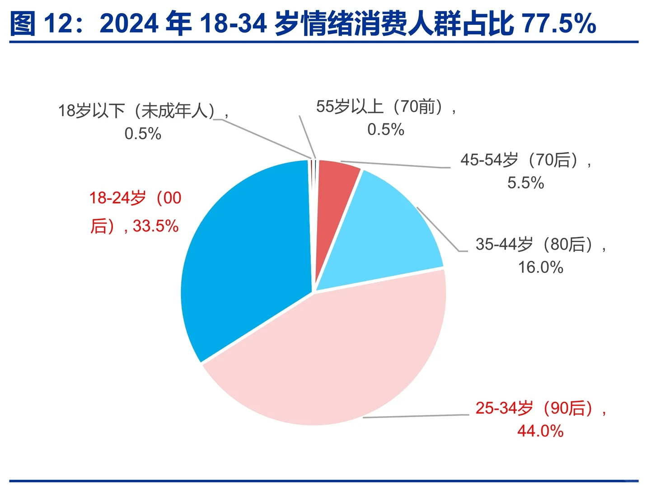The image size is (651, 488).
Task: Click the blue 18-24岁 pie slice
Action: coord(244,262)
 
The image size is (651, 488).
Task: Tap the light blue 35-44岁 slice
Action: coord(384,235)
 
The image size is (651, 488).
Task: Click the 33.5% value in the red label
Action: coord(155,226)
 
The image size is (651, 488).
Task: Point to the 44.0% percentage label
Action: coord(540,431)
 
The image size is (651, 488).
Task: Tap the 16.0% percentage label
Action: coord(540,267)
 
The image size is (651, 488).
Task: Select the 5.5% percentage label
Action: coord(525,183)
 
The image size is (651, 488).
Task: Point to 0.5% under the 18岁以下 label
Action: coord(143,134)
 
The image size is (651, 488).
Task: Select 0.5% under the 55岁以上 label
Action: coord(385,130)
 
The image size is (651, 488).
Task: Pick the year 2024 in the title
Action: coord(129,23)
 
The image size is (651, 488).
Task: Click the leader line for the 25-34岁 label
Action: coord(416,416)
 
